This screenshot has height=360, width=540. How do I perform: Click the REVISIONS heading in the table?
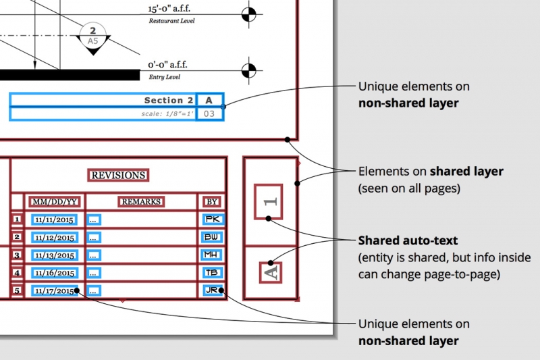118,175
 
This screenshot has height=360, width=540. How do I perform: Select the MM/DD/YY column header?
54,201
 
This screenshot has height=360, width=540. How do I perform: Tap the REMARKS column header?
141,201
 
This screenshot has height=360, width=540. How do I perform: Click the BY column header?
211,201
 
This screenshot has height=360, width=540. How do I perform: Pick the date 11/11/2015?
54,220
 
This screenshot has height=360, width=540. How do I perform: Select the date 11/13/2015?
54,255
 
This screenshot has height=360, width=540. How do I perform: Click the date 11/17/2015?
54,291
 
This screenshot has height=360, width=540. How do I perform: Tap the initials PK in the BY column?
212,219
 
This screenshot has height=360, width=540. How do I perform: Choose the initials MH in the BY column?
212,255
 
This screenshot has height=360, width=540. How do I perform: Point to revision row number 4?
18,273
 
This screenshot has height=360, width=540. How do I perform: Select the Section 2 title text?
169,101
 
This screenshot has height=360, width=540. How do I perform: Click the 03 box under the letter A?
209,113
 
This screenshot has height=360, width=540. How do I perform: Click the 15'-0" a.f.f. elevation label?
169,9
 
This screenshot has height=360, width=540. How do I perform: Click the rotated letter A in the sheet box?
269,272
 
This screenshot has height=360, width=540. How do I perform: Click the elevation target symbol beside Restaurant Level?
250,14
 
